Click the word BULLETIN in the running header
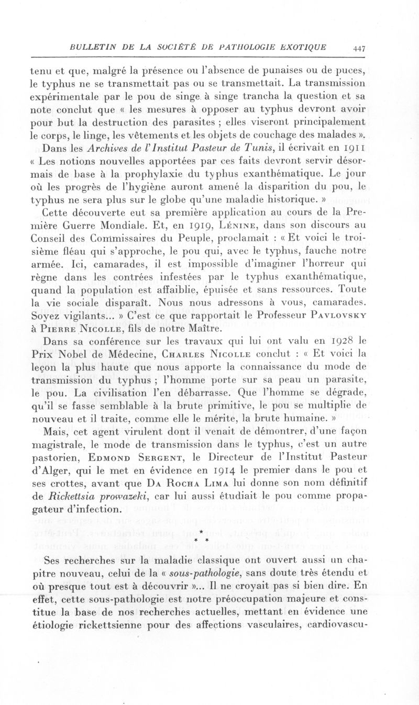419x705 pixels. point(92,47)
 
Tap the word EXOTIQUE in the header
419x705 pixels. point(300,47)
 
